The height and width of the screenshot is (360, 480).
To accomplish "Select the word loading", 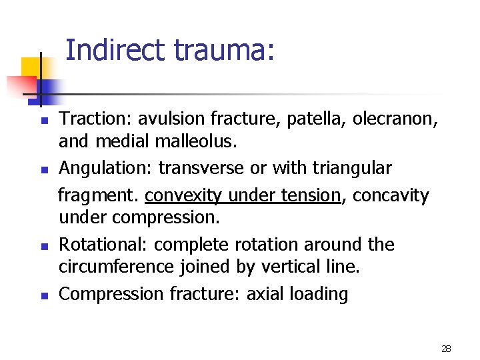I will click(320, 294).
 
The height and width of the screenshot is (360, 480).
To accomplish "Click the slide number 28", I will click(445, 349).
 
